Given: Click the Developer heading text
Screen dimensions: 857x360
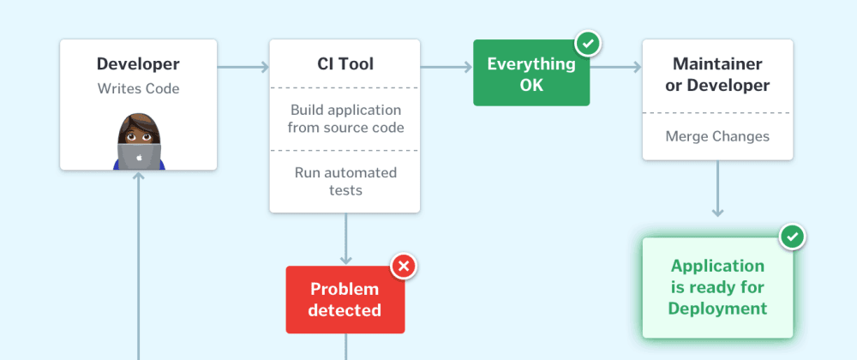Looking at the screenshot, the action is pos(138,64).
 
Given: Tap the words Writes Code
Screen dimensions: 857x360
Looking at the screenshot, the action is pos(138,88).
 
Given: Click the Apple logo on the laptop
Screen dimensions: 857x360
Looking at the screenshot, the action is pos(139,158).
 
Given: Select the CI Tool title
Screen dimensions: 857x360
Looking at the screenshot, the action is pos(345,64).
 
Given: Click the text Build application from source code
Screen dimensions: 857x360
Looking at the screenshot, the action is pos(345,118).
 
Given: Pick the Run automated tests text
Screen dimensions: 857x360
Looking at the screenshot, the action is pos(345,182).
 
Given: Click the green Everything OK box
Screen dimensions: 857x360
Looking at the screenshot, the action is pos(531,73).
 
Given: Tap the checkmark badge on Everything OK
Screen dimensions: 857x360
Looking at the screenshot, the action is pos(588,45).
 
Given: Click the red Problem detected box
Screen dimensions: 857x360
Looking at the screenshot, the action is pos(345,299).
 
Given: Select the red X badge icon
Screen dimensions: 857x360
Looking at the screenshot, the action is pos(404,267).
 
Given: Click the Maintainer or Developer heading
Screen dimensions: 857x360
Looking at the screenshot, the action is pos(717,75).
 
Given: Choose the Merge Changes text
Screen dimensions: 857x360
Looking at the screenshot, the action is pos(717,136).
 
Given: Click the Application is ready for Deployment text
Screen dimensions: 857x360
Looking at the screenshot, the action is pos(717,287).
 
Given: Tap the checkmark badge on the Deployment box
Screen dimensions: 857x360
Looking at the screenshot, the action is pos(793,237).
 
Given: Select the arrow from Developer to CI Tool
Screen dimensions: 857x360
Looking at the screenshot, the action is pos(243,67).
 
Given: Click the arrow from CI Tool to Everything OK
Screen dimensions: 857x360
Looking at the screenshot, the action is pos(446,67).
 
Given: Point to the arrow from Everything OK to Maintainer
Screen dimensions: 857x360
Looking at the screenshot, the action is pos(615,67).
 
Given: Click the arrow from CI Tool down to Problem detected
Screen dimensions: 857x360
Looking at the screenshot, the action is pos(345,239).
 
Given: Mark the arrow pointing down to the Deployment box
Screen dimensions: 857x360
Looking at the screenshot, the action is pos(717,189).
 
